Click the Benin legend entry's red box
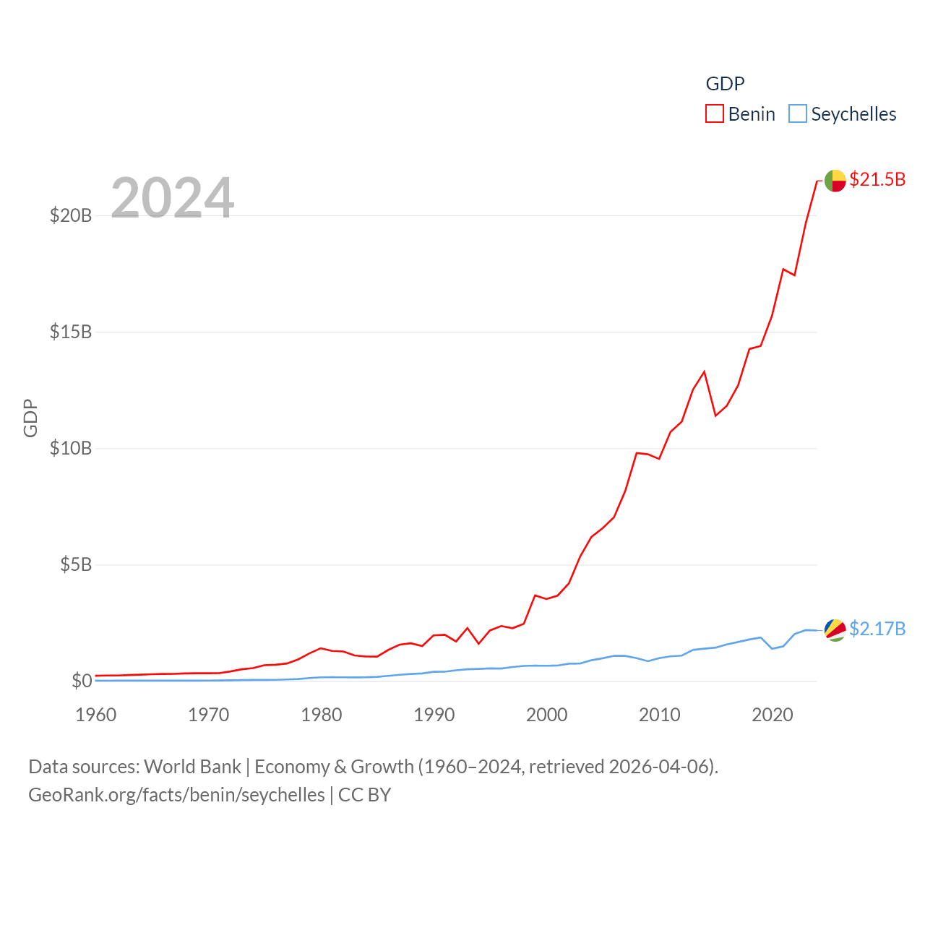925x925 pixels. (715, 114)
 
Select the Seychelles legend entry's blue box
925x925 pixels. (797, 114)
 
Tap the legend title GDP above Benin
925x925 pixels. (725, 84)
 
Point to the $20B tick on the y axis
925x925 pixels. (71, 215)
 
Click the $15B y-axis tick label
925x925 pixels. (71, 332)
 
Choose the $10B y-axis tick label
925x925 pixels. (71, 448)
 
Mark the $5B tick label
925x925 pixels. (76, 564)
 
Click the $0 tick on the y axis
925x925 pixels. (82, 681)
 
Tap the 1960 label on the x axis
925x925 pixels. (96, 715)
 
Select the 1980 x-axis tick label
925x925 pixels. (322, 715)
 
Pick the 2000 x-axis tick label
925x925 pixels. (547, 715)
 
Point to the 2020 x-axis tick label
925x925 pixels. (773, 715)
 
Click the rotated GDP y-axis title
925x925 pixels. (30, 418)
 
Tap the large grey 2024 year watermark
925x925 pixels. (172, 197)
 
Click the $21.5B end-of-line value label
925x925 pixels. (877, 179)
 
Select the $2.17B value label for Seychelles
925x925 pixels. (877, 629)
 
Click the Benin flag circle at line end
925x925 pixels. (835, 181)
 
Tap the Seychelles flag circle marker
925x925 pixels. (835, 629)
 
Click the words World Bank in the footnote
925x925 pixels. (192, 767)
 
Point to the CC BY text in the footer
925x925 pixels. (364, 795)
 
